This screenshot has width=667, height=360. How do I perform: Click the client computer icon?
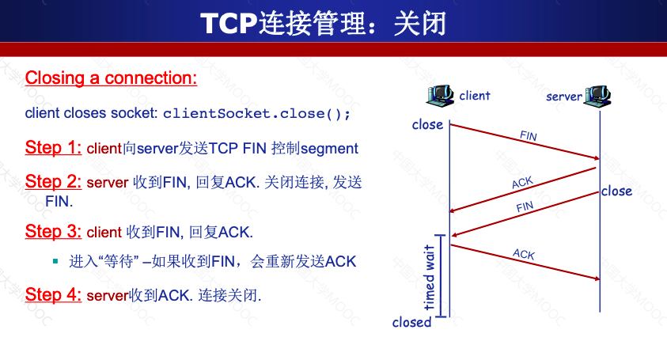pyautogui.click(x=440, y=95)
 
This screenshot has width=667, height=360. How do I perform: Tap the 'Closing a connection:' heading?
pyautogui.click(x=111, y=78)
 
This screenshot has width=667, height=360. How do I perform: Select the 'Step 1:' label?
pyautogui.click(x=53, y=148)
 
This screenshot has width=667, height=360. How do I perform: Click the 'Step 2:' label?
pyautogui.click(x=53, y=182)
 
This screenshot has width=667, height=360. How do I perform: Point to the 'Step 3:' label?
pyautogui.click(x=53, y=232)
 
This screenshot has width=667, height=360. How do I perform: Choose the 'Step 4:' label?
pyautogui.click(x=53, y=294)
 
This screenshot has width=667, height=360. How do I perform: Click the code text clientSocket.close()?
pyautogui.click(x=256, y=114)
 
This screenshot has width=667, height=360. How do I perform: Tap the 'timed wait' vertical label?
pyautogui.click(x=429, y=278)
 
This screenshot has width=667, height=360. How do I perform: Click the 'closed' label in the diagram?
pyautogui.click(x=411, y=322)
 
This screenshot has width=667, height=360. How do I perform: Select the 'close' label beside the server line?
pyautogui.click(x=617, y=191)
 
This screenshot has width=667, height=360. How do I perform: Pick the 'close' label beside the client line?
pyautogui.click(x=427, y=125)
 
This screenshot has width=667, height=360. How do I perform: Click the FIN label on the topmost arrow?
pyautogui.click(x=529, y=136)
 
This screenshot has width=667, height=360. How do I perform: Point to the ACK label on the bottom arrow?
pyautogui.click(x=524, y=254)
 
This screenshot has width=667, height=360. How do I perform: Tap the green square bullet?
pyautogui.click(x=55, y=261)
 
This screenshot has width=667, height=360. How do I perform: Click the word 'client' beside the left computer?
pyautogui.click(x=475, y=96)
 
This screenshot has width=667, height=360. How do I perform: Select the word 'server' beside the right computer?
pyautogui.click(x=564, y=97)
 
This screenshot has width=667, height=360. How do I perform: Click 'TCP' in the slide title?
pyautogui.click(x=229, y=24)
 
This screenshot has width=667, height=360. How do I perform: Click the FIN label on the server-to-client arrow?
pyautogui.click(x=525, y=207)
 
